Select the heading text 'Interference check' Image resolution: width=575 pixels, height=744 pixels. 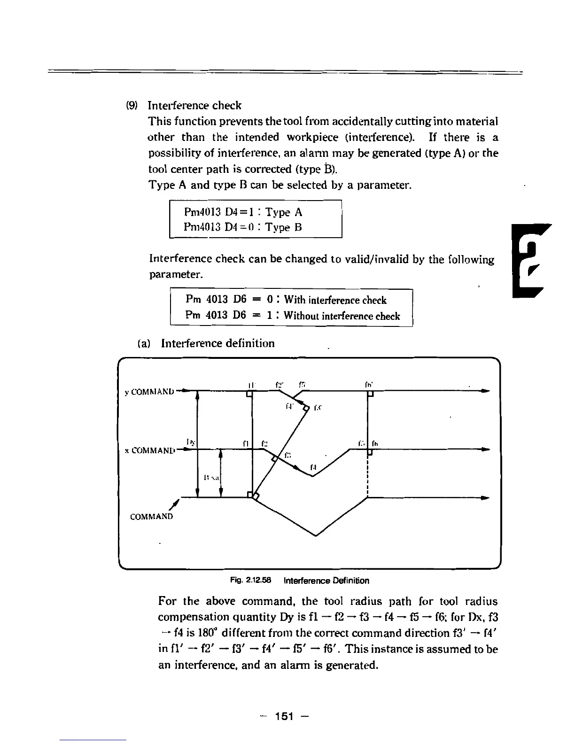(194, 105)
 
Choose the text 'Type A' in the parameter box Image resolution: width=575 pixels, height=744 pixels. (284, 212)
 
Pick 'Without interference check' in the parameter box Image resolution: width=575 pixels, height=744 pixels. (342, 316)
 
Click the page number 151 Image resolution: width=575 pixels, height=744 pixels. (284, 716)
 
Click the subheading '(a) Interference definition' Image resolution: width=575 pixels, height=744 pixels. (206, 343)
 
